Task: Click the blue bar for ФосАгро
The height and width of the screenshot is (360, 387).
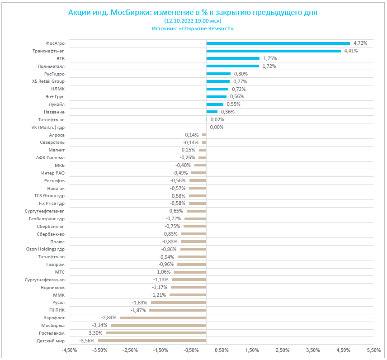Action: pyautogui.click(x=278, y=43)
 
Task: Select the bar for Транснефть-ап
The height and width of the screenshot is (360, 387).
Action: pyautogui.click(x=274, y=51)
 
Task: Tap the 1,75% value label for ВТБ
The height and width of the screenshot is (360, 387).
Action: pyautogui.click(x=269, y=59)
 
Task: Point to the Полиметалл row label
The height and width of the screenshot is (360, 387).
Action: pyautogui.click(x=51, y=66)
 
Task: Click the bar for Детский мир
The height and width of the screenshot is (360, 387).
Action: pyautogui.click(x=152, y=341)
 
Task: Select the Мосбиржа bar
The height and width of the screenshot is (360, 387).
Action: pyautogui.click(x=158, y=325)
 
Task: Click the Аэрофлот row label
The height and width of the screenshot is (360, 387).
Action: pyautogui.click(x=54, y=318)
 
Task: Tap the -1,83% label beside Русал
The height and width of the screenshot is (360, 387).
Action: pyautogui.click(x=140, y=303)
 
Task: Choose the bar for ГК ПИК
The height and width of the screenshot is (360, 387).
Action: pyautogui.click(x=178, y=310)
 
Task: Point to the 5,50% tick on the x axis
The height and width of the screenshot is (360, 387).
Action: pyautogui.click(x=374, y=351)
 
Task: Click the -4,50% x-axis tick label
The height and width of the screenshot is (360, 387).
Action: pyautogui.click(x=69, y=351)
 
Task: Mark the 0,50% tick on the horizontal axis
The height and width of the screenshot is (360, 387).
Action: pyautogui.click(x=222, y=351)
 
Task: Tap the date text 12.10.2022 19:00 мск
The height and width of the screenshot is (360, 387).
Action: pyautogui.click(x=193, y=21)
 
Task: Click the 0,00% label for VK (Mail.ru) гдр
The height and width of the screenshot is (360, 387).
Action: pyautogui.click(x=217, y=127)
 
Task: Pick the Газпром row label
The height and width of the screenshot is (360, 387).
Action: pyautogui.click(x=55, y=264)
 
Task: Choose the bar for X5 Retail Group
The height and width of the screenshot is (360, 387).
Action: pyautogui.click(x=218, y=81)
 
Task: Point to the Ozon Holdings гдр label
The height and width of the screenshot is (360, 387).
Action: pyautogui.click(x=45, y=249)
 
